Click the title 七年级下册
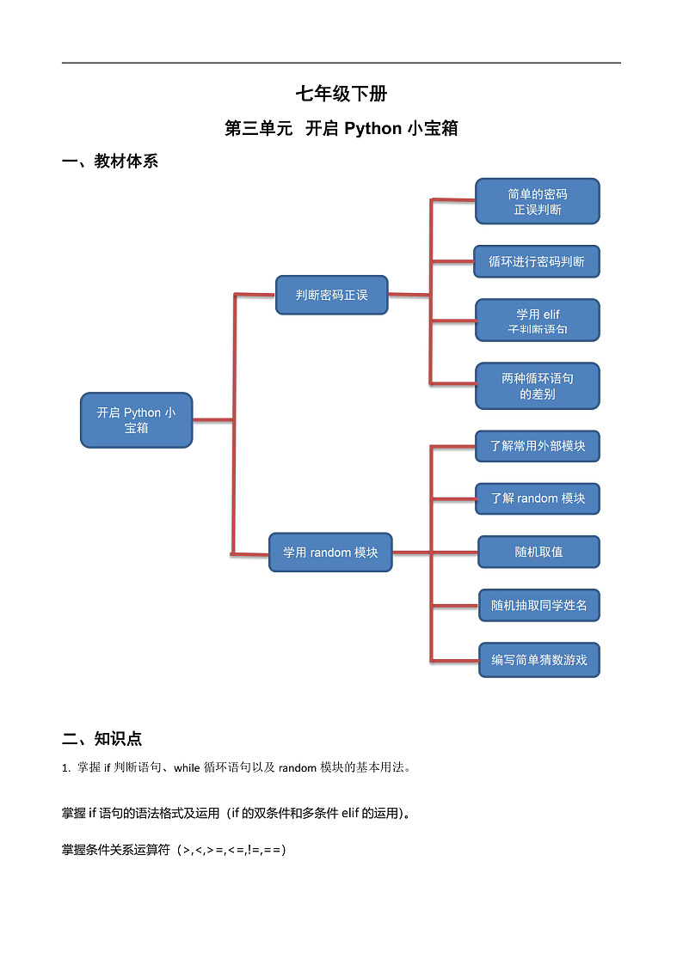pos(341,95)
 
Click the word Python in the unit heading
pos(372,129)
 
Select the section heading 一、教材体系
pos(110,161)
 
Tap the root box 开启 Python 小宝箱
pos(136,420)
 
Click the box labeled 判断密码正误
pos(331,295)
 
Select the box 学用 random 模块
pos(330,553)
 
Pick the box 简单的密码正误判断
pos(537,201)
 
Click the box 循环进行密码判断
pos(536,261)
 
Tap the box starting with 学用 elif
pos(537,321)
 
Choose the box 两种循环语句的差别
pos(537,386)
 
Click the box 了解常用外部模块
pos(537,446)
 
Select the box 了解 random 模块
pos(537,498)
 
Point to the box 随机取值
pos(538,552)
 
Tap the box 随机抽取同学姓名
pos(538,606)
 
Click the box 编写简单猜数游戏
pos(538,660)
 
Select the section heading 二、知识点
pos(102,738)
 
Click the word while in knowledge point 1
pos(186,768)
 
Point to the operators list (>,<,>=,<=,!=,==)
pos(231,850)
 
